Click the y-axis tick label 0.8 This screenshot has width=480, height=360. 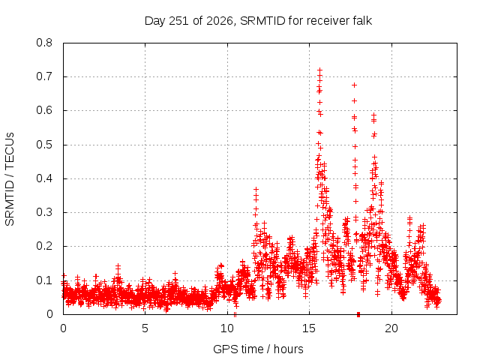pos(44,43)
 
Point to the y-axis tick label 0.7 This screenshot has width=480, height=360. pos(44,76)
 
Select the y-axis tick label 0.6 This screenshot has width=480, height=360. pos(44,110)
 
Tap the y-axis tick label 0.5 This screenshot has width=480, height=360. pos(44,145)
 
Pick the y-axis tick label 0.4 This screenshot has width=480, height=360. pos(44,178)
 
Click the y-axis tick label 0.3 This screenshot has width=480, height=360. pos(44,212)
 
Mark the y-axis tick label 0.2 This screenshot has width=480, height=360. pos(44,246)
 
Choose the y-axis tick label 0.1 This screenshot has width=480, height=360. pos(44,280)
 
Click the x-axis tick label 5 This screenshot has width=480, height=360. pos(145,328)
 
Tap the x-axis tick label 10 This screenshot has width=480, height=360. pos(227,328)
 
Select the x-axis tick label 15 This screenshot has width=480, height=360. pos(309,328)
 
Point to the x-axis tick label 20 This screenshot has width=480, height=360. pos(391,328)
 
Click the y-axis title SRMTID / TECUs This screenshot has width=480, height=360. pos(10,179)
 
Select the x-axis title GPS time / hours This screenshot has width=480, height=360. pos(258,349)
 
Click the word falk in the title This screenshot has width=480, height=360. pos(362,21)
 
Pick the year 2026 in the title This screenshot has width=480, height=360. pos(220,21)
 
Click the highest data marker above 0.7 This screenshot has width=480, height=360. pos(320,70)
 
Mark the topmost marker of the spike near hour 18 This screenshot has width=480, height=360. pos(355,85)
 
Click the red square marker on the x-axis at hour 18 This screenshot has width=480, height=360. pos(358,314)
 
